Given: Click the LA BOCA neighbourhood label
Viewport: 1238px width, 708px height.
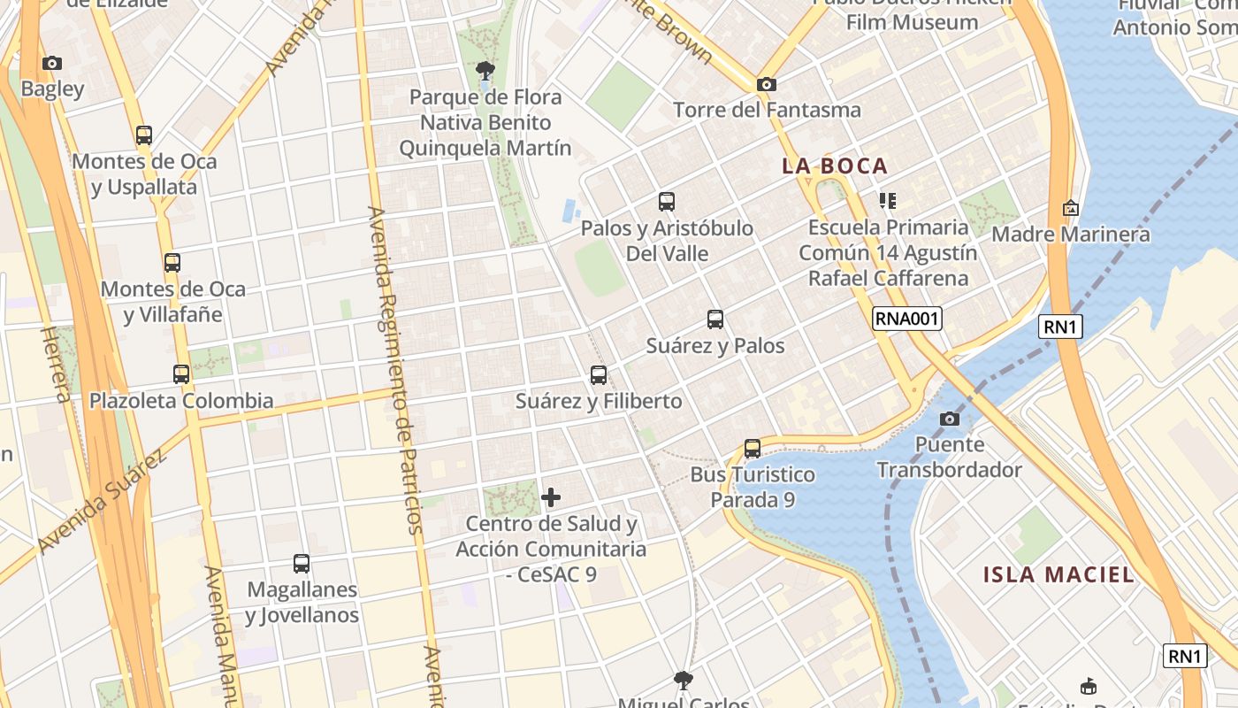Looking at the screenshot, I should [835, 165].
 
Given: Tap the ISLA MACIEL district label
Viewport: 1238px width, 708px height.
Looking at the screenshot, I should [1058, 574].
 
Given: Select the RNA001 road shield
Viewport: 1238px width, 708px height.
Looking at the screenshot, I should [906, 319].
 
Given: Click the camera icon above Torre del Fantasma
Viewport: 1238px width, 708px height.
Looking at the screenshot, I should [766, 84].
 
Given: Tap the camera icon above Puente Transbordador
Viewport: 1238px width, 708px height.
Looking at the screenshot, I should [950, 419].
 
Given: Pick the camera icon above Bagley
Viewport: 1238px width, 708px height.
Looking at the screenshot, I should [52, 63].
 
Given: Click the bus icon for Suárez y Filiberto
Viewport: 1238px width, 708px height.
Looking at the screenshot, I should [599, 375].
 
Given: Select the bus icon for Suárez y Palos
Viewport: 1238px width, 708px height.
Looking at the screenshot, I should [715, 319].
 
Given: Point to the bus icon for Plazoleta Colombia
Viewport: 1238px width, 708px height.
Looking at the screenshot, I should [181, 374].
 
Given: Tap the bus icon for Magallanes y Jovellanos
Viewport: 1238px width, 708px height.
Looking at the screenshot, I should [302, 563].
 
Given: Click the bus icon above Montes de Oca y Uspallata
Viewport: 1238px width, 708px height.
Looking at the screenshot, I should [144, 135].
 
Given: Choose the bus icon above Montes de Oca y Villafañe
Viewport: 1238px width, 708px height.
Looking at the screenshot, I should [172, 263].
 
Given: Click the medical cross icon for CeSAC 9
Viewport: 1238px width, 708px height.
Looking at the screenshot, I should [551, 497].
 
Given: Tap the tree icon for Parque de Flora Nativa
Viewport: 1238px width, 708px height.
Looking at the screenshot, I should [485, 70].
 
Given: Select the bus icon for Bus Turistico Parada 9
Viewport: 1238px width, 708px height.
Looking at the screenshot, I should [753, 449].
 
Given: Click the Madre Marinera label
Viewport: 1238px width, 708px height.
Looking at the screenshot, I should [1070, 235].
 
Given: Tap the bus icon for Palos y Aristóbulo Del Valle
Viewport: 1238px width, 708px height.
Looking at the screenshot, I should [667, 202].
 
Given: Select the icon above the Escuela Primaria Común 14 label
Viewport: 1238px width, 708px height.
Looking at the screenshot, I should [888, 201].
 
